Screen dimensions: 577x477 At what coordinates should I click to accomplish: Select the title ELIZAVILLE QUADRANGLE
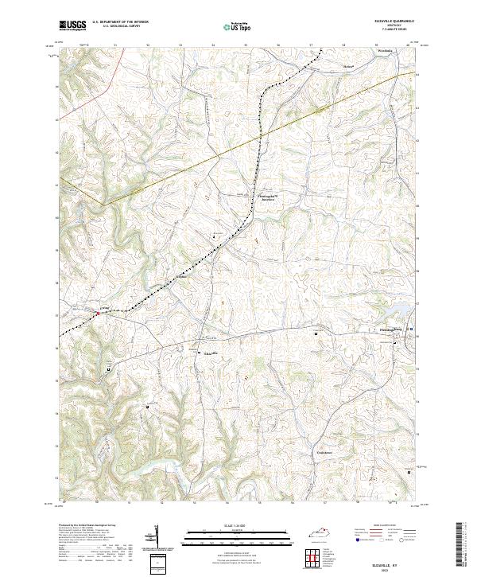(390, 21)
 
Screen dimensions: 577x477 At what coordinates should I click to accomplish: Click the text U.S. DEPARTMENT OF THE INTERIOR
(120, 22)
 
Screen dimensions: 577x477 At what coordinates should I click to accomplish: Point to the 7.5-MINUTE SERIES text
(390, 31)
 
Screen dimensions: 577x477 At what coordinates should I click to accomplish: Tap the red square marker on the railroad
(97, 314)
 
